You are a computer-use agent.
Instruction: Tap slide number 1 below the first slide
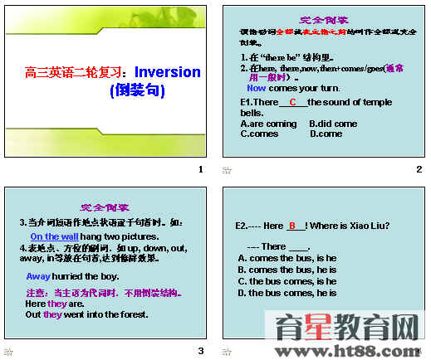200,169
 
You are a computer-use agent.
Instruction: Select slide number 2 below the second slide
419,169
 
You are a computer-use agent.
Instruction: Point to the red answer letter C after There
293,102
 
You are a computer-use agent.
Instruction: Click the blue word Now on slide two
256,87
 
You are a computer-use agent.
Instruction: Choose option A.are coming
268,124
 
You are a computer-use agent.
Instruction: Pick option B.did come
333,124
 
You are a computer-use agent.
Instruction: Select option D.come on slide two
326,133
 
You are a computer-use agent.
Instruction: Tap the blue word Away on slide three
38,276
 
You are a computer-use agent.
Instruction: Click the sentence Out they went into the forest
86,314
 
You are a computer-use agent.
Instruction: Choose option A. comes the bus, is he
287,258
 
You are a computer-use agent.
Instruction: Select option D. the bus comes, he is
287,293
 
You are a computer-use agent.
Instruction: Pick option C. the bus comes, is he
287,281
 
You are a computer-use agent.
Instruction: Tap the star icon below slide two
227,170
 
